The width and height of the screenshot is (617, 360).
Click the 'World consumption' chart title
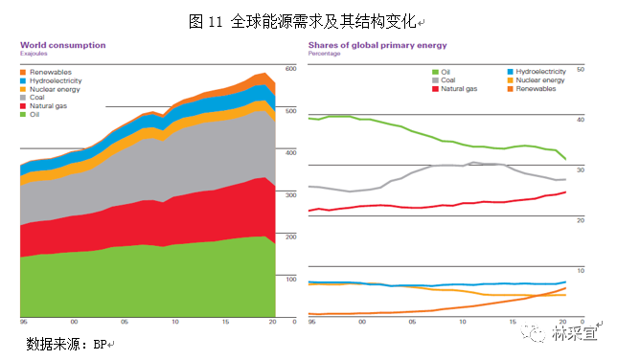pyautogui.click(x=63, y=45)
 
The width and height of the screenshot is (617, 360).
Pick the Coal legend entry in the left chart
pyautogui.click(x=39, y=97)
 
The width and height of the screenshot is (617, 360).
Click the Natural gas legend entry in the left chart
pyautogui.click(x=49, y=105)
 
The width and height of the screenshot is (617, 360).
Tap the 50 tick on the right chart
pyautogui.click(x=578, y=70)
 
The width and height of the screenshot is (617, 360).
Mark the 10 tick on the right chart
pyautogui.click(x=578, y=271)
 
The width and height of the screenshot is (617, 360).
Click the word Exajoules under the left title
pyautogui.click(x=34, y=54)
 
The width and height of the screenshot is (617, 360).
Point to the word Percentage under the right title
pyautogui.click(x=325, y=54)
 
